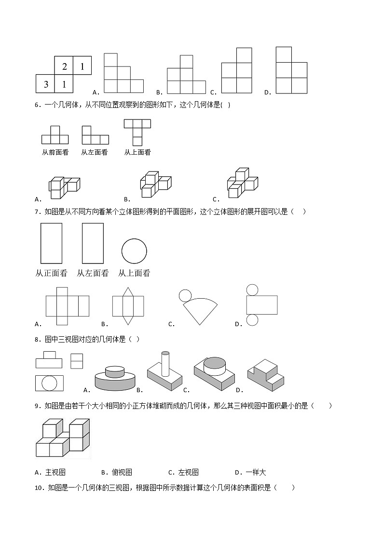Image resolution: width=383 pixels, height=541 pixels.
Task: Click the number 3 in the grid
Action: tap(46, 84)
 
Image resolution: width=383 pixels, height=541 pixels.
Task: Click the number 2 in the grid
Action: tap(64, 66)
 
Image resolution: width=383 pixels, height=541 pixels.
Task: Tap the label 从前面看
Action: tap(55, 152)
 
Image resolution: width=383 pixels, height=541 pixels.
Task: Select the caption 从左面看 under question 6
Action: tap(94, 152)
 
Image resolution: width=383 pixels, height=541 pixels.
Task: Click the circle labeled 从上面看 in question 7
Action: tap(134, 251)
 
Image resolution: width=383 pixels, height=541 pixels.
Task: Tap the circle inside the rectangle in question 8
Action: tap(49, 383)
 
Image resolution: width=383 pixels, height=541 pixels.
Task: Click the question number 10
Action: tap(39, 488)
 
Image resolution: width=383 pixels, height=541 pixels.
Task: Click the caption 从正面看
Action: tap(51, 273)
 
